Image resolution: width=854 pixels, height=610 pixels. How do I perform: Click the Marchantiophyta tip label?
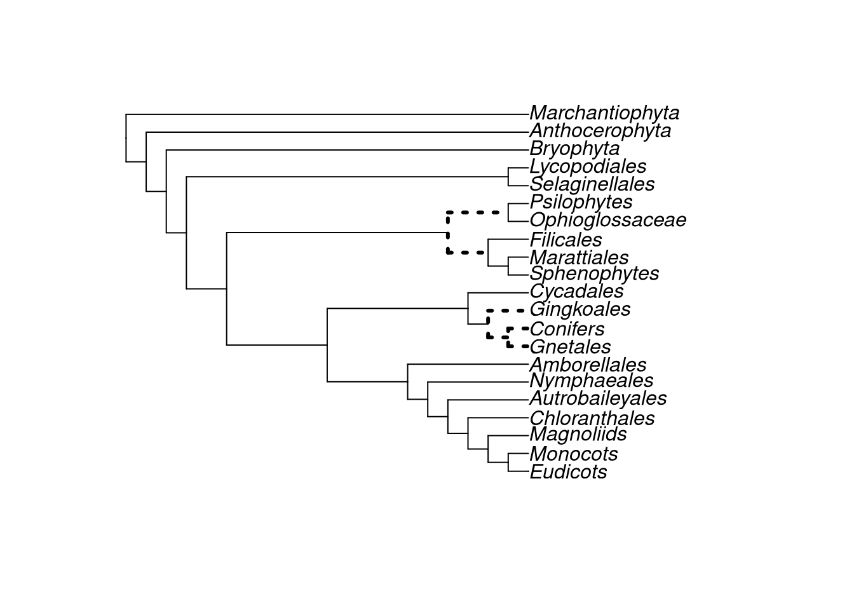coord(604,113)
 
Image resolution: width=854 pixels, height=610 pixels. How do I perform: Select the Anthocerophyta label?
coord(600,131)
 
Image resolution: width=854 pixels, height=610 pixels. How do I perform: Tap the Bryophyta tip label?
coord(574,149)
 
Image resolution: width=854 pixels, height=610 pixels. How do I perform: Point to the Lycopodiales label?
coord(588,166)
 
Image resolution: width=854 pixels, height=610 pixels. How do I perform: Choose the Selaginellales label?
coord(592,184)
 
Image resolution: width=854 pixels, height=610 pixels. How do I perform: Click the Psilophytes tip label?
coord(581,202)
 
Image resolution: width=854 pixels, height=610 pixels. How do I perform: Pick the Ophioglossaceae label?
coord(607,220)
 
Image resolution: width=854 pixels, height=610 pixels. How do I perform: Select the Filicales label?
coord(566,240)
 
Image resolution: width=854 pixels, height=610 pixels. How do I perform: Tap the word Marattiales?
coord(579,258)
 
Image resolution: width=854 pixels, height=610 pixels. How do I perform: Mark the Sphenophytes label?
coord(594,274)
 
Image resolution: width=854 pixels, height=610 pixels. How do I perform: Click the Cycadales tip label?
coord(576,292)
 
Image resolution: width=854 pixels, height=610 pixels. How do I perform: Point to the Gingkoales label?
coord(579,309)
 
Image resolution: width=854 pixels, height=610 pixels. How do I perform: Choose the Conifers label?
coord(567,329)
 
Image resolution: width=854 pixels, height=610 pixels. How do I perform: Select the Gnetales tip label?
coord(570,347)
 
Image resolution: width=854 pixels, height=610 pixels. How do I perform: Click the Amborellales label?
coord(588,365)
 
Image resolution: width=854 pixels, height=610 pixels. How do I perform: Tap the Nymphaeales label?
coord(591,381)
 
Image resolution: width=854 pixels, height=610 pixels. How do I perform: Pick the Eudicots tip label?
coord(568,472)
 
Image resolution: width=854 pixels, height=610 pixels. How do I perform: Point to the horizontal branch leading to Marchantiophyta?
coord(327,114)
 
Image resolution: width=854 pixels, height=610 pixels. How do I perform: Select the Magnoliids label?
coord(578,434)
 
